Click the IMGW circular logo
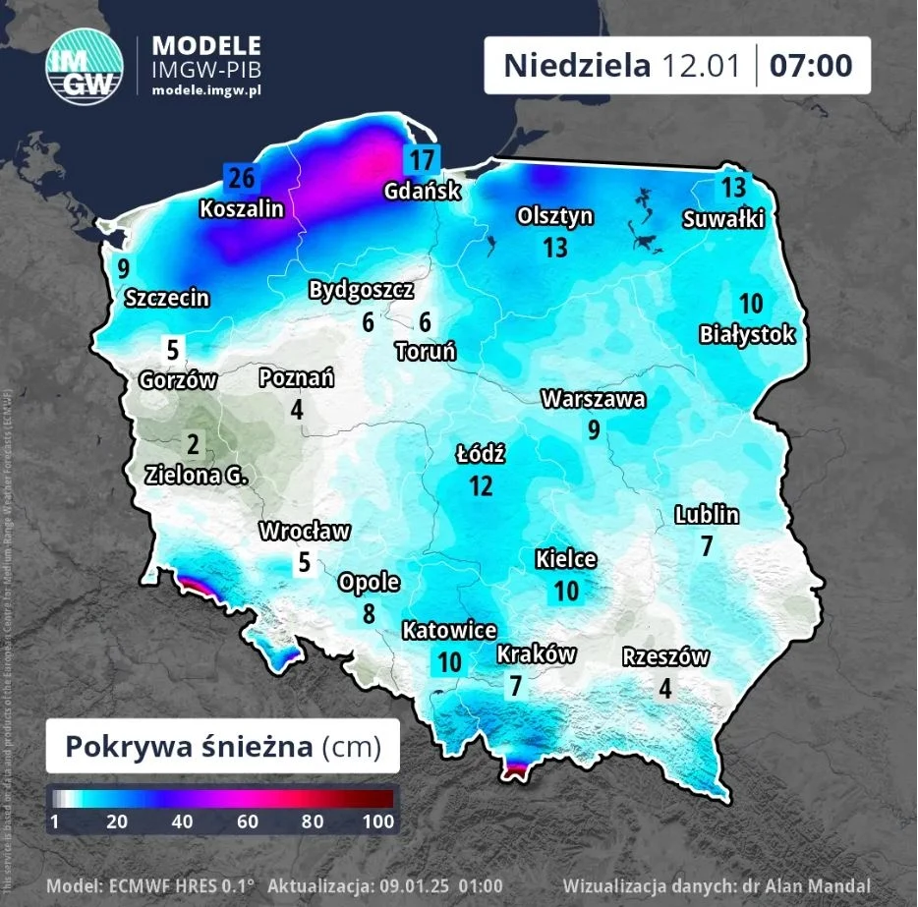(x=86, y=66)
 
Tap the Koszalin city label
(x=241, y=208)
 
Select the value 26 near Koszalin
(x=241, y=178)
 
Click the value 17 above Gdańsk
(x=423, y=159)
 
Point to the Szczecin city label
(x=167, y=298)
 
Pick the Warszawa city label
(x=594, y=399)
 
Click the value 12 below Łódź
(x=481, y=485)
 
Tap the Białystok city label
(x=747, y=334)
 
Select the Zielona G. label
(x=196, y=476)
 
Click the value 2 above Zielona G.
(x=193, y=445)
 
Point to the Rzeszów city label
(x=665, y=658)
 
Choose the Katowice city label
(x=449, y=631)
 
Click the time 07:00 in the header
(x=810, y=66)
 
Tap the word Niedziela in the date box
(x=577, y=66)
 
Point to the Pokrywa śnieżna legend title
(x=222, y=747)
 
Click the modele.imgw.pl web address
(x=206, y=90)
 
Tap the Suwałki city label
(x=723, y=219)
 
